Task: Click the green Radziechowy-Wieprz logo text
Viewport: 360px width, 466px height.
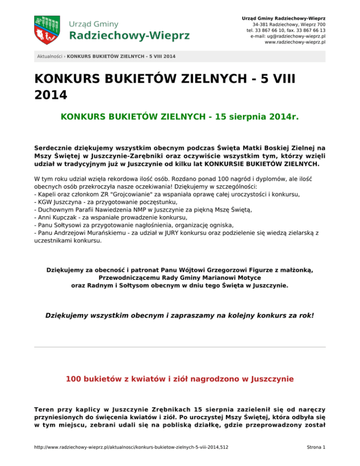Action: [x=130, y=35]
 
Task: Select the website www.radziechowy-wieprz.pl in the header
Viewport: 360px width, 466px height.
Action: [x=295, y=42]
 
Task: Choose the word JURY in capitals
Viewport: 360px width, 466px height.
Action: [x=198, y=233]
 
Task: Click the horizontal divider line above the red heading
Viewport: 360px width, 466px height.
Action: [x=180, y=347]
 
